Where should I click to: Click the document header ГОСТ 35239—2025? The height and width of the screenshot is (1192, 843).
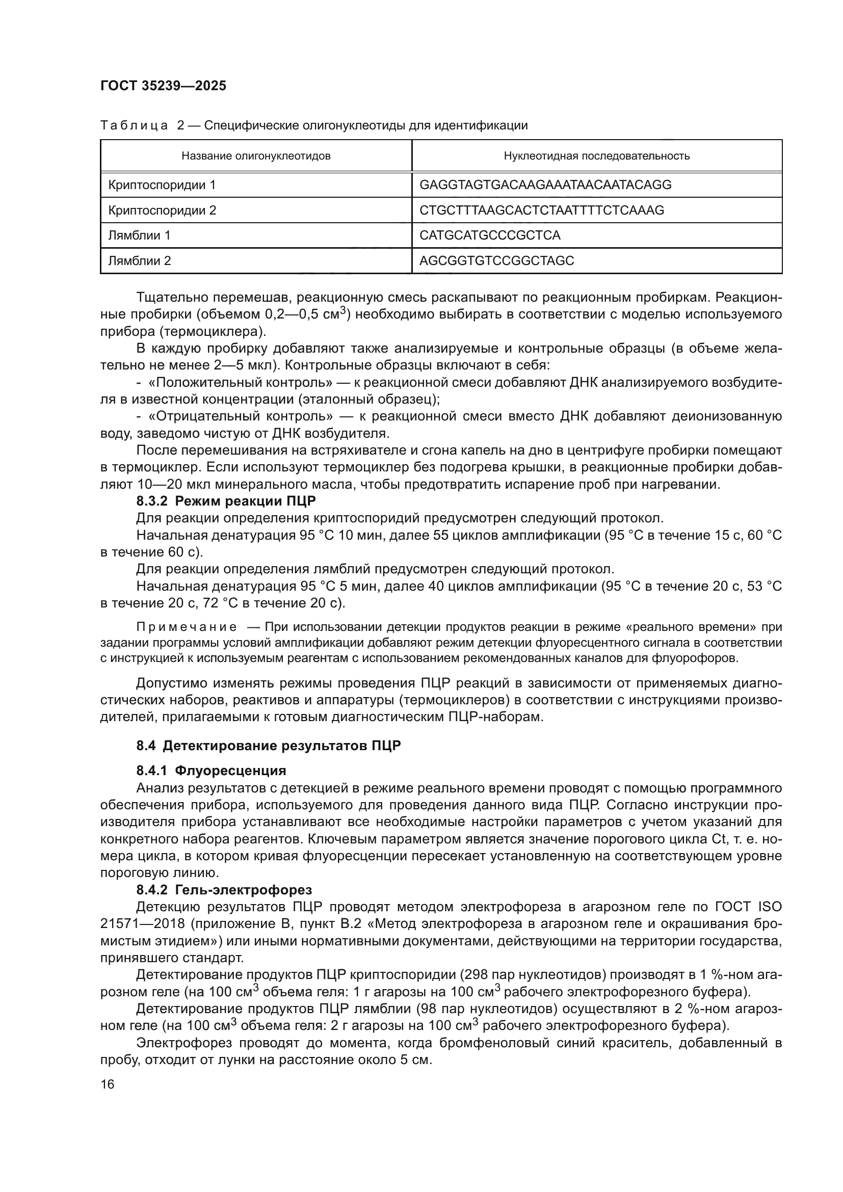tap(163, 86)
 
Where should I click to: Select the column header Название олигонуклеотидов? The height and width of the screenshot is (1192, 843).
tap(256, 156)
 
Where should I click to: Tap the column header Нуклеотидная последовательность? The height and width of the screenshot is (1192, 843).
tap(596, 156)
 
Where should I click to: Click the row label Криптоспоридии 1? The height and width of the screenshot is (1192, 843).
tap(162, 185)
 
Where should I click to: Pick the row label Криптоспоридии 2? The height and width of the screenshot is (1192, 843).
tap(162, 210)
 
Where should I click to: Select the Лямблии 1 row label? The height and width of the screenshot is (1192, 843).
tap(139, 235)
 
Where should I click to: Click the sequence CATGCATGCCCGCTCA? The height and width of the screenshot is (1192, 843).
tap(489, 235)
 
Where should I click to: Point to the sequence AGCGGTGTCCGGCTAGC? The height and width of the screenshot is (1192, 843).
tap(496, 260)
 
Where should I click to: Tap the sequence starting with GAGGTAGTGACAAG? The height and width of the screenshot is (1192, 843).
tap(545, 185)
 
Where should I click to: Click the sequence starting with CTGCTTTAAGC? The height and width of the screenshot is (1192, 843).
tap(541, 210)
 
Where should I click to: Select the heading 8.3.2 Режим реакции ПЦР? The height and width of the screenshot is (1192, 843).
tap(226, 501)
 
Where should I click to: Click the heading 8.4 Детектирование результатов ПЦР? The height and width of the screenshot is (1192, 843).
tap(269, 746)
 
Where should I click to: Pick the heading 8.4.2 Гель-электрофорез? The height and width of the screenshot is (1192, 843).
tap(224, 890)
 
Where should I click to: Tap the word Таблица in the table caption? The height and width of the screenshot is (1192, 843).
tap(134, 126)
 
